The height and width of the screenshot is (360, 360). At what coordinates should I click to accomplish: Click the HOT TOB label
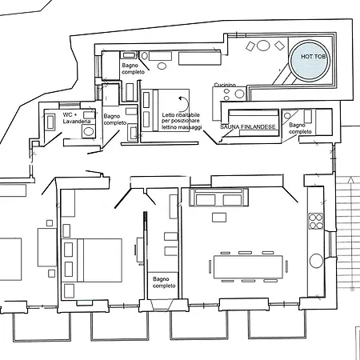313,57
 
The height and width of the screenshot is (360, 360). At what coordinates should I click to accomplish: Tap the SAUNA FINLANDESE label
248,127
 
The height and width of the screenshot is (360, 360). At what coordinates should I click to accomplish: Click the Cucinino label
225,85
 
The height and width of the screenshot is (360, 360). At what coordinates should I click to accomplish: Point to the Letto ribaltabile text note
182,121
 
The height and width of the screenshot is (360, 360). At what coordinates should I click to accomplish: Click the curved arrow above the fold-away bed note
184,103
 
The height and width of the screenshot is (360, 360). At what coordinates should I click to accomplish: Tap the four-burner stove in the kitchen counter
316,222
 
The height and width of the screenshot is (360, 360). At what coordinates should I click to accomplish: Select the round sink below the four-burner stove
316,260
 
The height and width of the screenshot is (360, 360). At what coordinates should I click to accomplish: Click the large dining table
248,267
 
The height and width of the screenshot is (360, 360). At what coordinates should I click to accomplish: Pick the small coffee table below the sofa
219,218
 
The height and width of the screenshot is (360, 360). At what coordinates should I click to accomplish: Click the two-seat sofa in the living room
218,198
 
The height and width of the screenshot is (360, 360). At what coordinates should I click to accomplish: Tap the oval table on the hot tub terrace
263,46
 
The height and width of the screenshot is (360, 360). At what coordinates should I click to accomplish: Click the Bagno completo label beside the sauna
300,128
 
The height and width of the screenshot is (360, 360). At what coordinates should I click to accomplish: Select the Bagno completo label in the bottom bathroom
164,282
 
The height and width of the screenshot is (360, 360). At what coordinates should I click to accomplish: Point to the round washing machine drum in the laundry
89,131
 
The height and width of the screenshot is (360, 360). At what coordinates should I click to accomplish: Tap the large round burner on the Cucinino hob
239,94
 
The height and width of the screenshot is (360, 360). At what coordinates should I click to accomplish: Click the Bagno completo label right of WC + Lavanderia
115,119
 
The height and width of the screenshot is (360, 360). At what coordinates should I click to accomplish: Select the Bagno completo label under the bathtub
133,69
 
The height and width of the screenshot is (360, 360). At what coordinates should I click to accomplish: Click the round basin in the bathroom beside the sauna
287,116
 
